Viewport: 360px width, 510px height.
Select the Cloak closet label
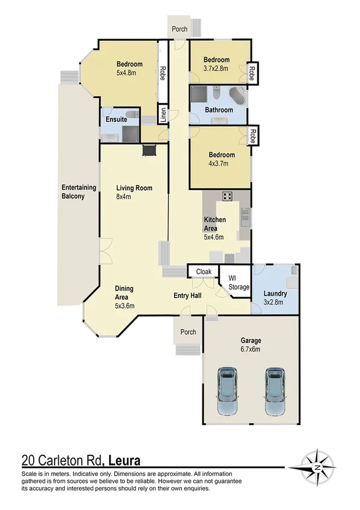pos(204,272)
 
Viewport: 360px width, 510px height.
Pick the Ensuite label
pos(116,119)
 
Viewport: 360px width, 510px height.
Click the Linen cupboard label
pos(162,113)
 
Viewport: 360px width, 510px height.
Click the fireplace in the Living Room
pos(149,150)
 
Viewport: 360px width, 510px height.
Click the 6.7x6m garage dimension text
pos(251,349)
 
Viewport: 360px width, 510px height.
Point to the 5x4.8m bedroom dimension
pos(129,73)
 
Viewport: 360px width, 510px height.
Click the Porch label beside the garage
pos(188,332)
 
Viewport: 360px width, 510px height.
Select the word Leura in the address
pos(124,461)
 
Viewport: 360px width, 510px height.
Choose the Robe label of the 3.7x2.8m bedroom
pos(252,72)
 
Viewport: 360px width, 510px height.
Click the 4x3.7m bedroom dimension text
pos(221,164)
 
